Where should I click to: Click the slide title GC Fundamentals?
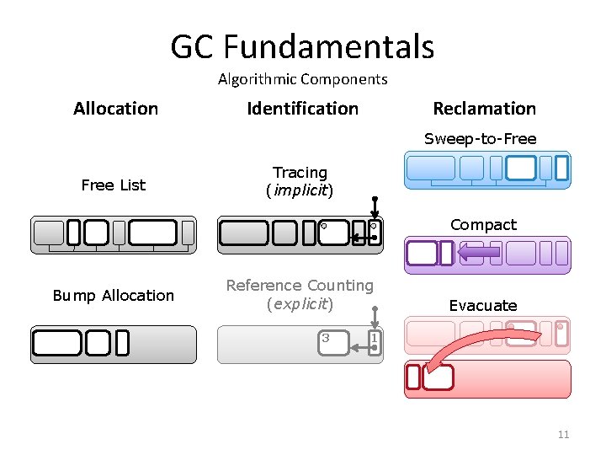coord(302,46)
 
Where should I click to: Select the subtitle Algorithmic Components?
coord(302,79)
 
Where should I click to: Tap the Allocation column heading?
coord(115,108)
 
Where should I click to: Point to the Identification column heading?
coord(302,108)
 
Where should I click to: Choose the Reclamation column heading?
coord(484,108)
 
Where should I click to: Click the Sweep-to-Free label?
coord(480,138)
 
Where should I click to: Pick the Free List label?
coord(113,185)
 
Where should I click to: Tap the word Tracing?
coord(300,173)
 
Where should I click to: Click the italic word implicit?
coord(300,190)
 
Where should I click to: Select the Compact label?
coord(483,225)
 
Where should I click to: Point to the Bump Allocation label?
coord(113,295)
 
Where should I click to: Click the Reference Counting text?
coord(300,286)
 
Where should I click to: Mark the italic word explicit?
coord(300,303)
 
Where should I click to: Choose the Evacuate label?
coord(482,305)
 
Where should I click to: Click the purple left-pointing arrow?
coord(480,252)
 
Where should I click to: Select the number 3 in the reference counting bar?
coord(326,338)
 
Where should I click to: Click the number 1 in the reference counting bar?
coord(375,338)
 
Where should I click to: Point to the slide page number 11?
coord(563,435)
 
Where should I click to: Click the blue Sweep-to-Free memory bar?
coord(486,169)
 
